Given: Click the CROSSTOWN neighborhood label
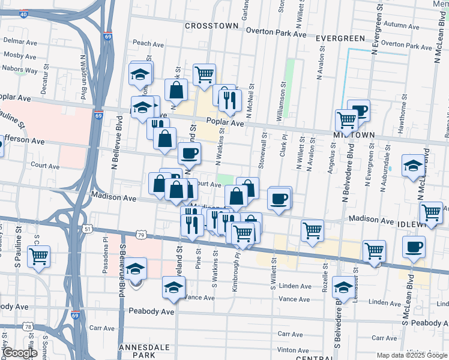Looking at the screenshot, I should (212, 26).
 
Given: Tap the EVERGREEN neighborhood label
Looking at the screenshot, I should (340, 38).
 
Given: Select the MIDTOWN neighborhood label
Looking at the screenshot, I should (354, 136).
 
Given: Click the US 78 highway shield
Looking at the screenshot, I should (28, 326).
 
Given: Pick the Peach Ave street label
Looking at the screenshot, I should (148, 44).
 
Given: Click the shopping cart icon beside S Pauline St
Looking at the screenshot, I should (39, 256).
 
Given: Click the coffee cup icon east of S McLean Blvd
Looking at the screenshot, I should (414, 247).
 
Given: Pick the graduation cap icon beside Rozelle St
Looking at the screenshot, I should (343, 287).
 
